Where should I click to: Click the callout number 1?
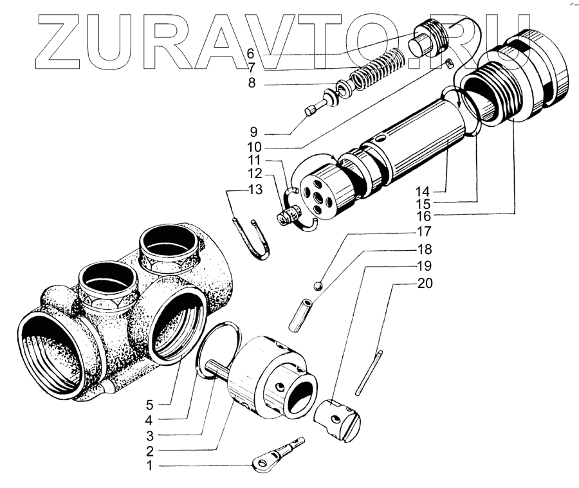(150, 465)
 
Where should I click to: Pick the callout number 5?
(150, 405)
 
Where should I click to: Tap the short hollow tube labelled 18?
(302, 314)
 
